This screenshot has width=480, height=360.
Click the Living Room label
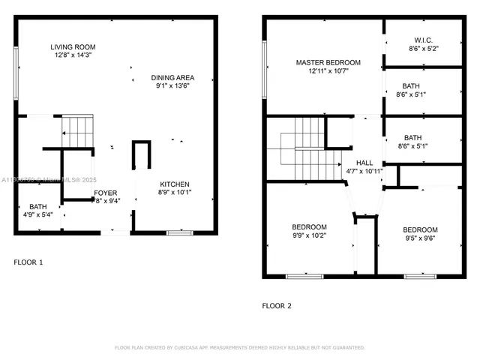point(73,47)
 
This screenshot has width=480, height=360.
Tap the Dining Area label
point(172,78)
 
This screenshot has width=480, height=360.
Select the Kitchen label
point(174,184)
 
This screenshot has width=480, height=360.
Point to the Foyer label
point(105,193)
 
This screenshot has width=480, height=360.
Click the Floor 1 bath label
point(37,207)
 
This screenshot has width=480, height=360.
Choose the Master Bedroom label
point(328,62)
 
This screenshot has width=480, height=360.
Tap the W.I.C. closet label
point(423,40)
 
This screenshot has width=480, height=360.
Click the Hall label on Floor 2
point(364,163)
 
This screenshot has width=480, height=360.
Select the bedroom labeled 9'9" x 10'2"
point(309,226)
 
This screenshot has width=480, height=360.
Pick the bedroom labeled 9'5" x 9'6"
point(419,229)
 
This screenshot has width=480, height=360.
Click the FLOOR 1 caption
point(29,262)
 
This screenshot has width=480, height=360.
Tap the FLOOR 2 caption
point(277,305)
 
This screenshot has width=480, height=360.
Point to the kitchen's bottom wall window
point(180,233)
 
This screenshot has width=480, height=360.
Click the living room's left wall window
point(16,73)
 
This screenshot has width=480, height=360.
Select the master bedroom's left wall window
point(264,70)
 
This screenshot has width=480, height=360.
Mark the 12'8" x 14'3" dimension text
point(73,55)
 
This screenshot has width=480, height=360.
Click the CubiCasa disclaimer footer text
point(239,348)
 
